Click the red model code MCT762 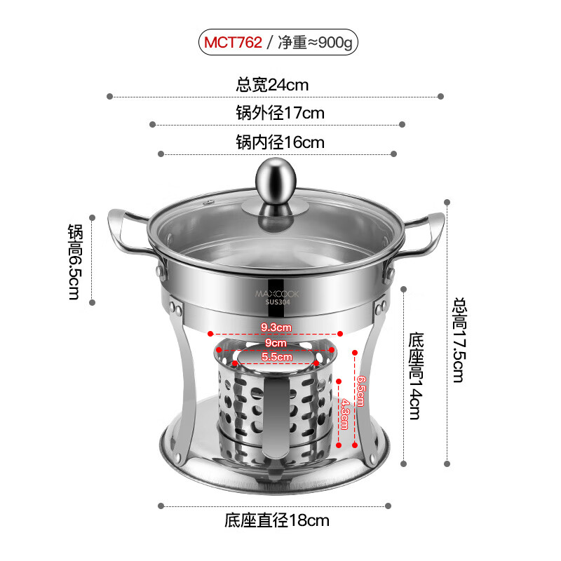click(233, 43)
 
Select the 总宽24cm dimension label click(272, 86)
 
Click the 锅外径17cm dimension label click(280, 113)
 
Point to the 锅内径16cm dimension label click(280, 142)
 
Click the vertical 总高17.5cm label click(459, 340)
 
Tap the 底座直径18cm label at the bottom click(276, 520)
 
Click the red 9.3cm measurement click(276, 327)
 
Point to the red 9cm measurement click(276, 343)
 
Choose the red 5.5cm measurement click(276, 357)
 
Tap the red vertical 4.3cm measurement click(344, 414)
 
